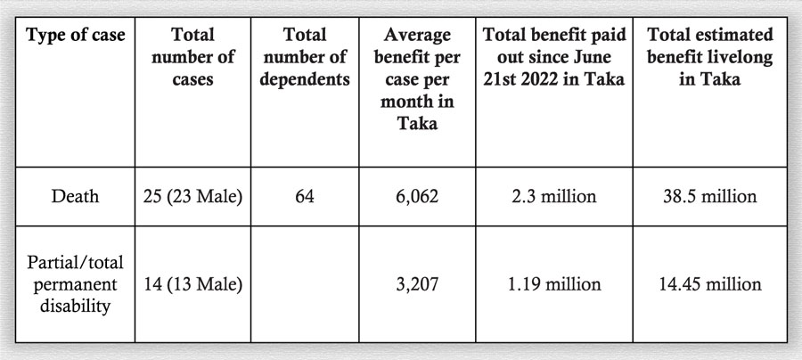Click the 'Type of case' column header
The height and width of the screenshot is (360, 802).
[76, 37]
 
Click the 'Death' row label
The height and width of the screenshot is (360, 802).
[76, 196]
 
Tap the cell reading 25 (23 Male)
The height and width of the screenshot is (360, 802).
[192, 196]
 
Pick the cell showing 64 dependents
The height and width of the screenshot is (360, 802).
[304, 196]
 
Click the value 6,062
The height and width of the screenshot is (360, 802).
[417, 196]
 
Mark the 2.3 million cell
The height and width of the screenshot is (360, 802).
[553, 196]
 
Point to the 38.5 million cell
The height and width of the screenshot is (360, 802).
[710, 196]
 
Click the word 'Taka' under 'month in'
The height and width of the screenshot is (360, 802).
[417, 123]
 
